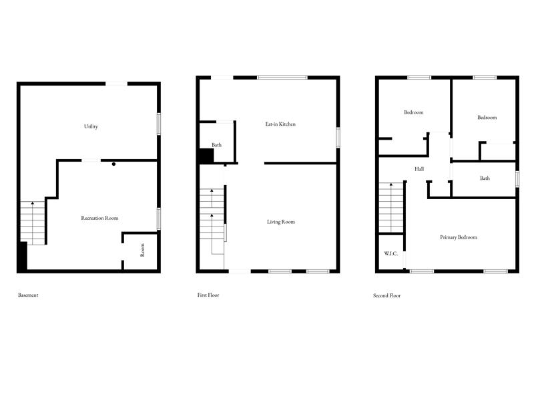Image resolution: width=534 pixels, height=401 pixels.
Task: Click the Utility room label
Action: pyautogui.click(x=91, y=126)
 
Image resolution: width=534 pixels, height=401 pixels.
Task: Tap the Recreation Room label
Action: pyautogui.click(x=99, y=218)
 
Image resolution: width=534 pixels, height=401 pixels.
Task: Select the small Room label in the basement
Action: pyautogui.click(x=142, y=250)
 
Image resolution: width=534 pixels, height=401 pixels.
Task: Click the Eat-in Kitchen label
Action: pyautogui.click(x=278, y=124)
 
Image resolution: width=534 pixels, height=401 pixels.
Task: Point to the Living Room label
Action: pyautogui.click(x=280, y=222)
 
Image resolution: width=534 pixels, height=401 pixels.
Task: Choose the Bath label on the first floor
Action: pyautogui.click(x=216, y=145)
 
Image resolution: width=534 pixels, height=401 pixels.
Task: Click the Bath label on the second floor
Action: pyautogui.click(x=485, y=178)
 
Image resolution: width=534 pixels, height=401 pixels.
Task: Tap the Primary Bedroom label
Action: pyautogui.click(x=459, y=237)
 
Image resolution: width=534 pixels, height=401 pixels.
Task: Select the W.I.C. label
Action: pyautogui.click(x=391, y=254)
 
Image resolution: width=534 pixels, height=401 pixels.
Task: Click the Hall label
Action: pyautogui.click(x=419, y=169)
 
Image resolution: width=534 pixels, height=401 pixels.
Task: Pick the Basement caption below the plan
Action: pyautogui.click(x=28, y=295)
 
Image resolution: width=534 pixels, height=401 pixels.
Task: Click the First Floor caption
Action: pyautogui.click(x=208, y=295)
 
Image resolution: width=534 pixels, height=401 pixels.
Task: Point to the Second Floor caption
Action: pyautogui.click(x=387, y=295)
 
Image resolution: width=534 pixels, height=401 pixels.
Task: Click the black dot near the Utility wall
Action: pyautogui.click(x=114, y=164)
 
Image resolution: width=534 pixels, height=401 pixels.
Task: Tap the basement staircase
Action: pyautogui.click(x=33, y=222)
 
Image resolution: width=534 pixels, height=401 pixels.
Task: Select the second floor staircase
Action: pyautogui.click(x=392, y=207)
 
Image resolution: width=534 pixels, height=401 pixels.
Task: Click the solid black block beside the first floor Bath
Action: pyautogui.click(x=205, y=156)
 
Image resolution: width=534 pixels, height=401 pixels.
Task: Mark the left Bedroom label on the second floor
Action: pyautogui.click(x=413, y=112)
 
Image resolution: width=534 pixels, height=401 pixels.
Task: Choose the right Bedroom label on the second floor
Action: pyautogui.click(x=487, y=118)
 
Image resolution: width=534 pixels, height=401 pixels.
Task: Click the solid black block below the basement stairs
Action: pyautogui.click(x=22, y=257)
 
